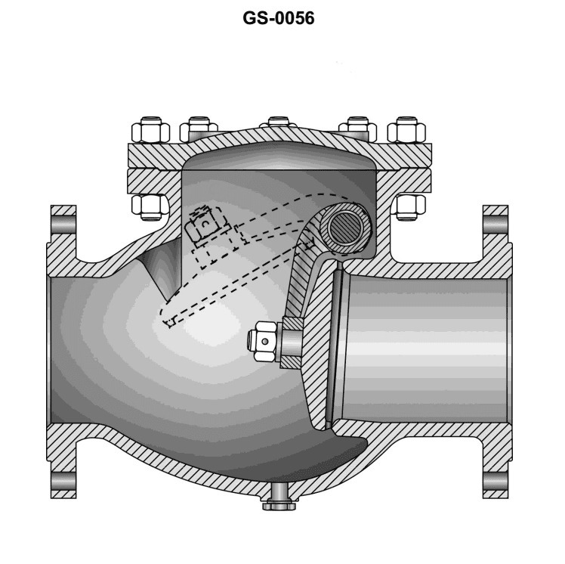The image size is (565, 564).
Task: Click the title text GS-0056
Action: pos(279,18)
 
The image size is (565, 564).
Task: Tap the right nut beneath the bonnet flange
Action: pos(411,205)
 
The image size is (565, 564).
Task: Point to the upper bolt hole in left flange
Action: pos(63,225)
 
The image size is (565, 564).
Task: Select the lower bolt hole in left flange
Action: pos(63,479)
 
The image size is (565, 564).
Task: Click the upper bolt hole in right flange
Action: pos(495,225)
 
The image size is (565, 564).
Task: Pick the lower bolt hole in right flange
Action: pos(495,479)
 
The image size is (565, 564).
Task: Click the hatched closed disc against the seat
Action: pos(320,333)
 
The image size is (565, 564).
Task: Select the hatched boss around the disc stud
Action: pos(292,342)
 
